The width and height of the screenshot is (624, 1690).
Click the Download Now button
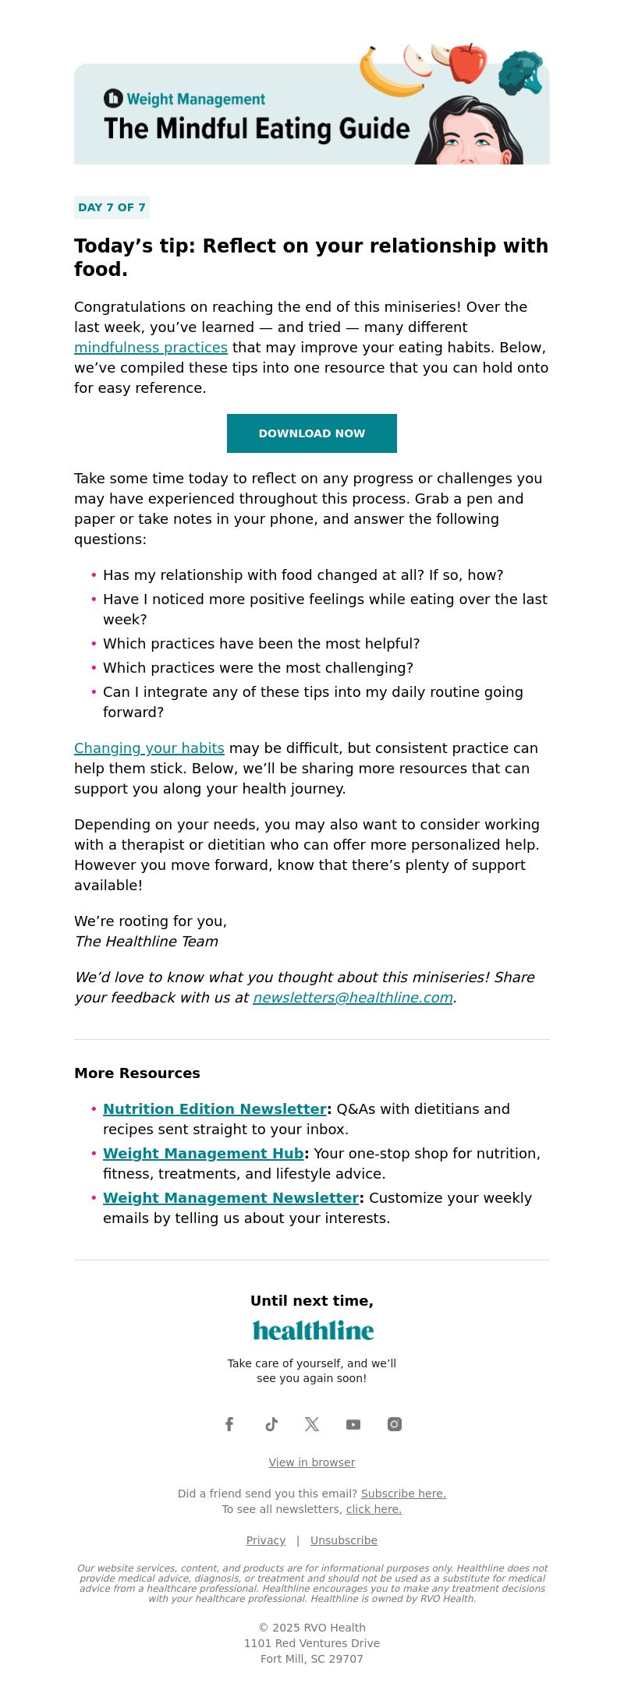[x=312, y=433]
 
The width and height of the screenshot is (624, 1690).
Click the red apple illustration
[x=467, y=62]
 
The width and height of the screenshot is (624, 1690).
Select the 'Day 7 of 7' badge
[x=112, y=207]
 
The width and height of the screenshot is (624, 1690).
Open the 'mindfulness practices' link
[x=151, y=348]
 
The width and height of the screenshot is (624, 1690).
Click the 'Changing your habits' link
[x=149, y=748]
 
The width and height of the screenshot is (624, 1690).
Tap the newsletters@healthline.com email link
[x=353, y=998]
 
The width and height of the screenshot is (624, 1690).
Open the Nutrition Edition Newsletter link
[x=214, y=1109]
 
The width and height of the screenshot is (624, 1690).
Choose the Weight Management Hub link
[x=203, y=1154]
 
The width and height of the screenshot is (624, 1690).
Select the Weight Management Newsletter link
[x=231, y=1198]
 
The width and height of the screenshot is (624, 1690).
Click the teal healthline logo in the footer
[x=313, y=1331]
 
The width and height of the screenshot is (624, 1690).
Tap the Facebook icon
[x=229, y=1424]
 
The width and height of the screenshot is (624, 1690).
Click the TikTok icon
[x=271, y=1424]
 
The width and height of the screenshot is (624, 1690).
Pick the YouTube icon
[x=353, y=1424]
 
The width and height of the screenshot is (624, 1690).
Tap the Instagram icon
[x=395, y=1424]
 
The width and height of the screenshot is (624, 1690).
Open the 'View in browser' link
[x=312, y=1462]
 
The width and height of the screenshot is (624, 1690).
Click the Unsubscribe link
[x=344, y=1540]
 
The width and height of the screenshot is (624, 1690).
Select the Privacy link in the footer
[x=266, y=1540]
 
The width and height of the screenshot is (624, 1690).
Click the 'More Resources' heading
[x=137, y=1073]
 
